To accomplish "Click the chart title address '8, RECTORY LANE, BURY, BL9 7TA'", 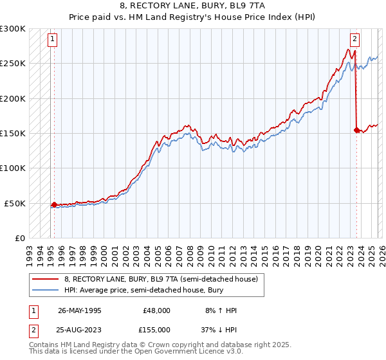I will (x=192, y=6).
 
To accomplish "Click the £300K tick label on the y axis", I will (x=13, y=29).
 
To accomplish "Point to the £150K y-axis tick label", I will (x=13, y=134).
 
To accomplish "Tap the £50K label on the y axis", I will (x=15, y=203).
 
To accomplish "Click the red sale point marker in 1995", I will (x=54, y=204).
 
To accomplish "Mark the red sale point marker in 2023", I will (x=356, y=130).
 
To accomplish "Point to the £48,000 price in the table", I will (x=156, y=310).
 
